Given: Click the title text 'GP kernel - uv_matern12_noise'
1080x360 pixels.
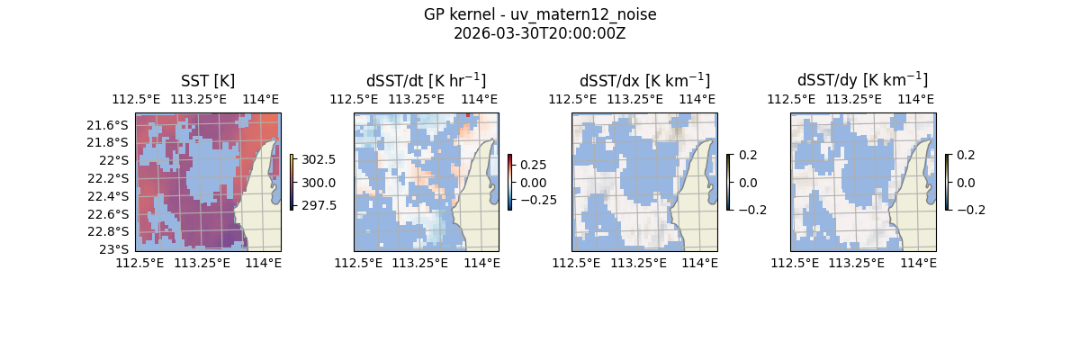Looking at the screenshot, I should point(540,14).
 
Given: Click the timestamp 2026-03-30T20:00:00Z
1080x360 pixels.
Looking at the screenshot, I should point(540,33).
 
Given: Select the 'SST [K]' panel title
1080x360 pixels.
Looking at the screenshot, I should point(208,80).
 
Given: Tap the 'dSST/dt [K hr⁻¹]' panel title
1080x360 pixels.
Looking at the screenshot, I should point(426,80).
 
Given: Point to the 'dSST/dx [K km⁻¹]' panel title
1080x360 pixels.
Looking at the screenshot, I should point(644,80).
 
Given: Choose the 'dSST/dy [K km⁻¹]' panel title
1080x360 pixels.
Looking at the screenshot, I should point(862,80).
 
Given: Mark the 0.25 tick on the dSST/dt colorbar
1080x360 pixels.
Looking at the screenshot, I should point(533,165).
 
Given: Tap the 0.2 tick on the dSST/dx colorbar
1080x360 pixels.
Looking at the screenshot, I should point(748,155).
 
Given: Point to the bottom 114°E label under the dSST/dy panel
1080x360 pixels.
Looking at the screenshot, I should point(917,263).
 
